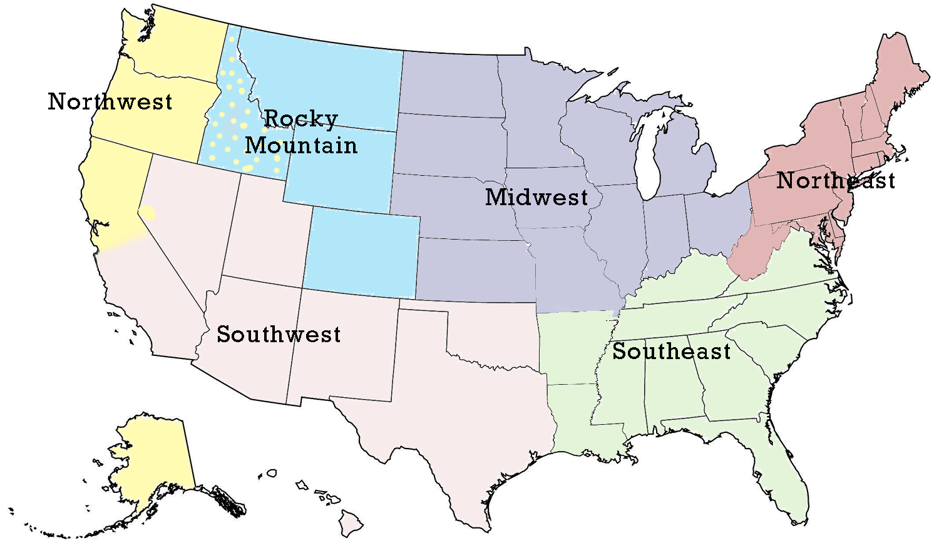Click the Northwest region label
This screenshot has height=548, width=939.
(x=110, y=101)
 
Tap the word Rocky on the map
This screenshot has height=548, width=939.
(x=301, y=118)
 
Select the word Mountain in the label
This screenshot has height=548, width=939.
(x=301, y=145)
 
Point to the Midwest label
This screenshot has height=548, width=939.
(x=536, y=197)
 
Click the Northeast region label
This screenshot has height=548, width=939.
(x=836, y=181)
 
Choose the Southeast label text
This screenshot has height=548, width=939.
(x=671, y=352)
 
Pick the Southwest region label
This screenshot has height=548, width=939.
(x=279, y=335)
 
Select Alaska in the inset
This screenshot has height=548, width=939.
(x=153, y=457)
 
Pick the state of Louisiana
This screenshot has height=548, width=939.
(x=582, y=425)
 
